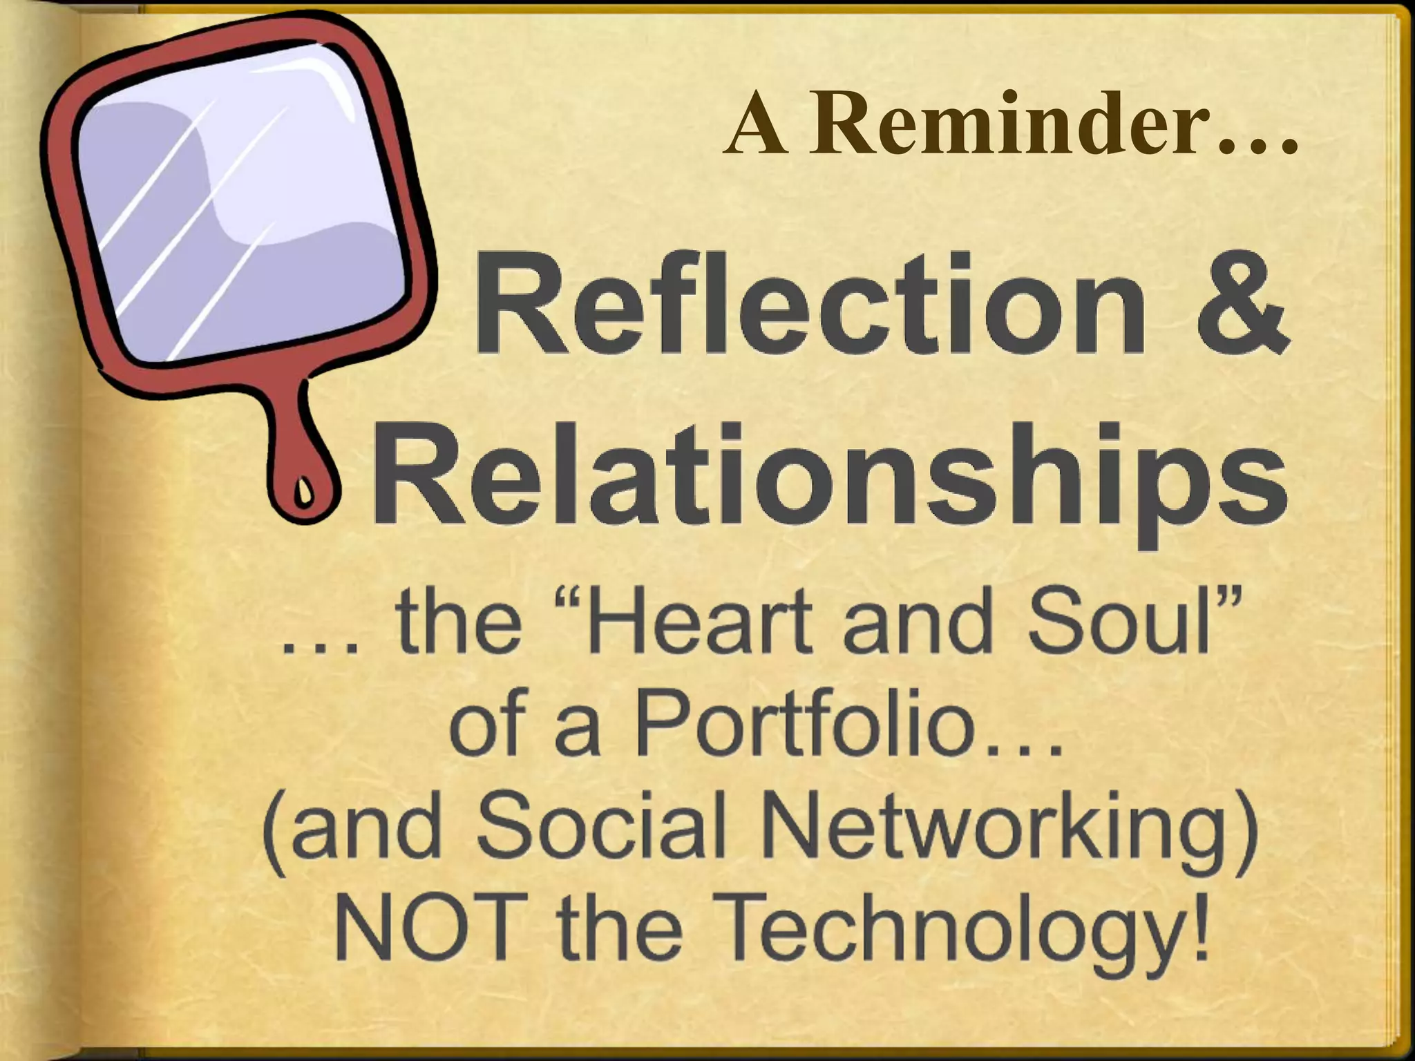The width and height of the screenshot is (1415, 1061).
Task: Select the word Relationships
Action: (x=829, y=477)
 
